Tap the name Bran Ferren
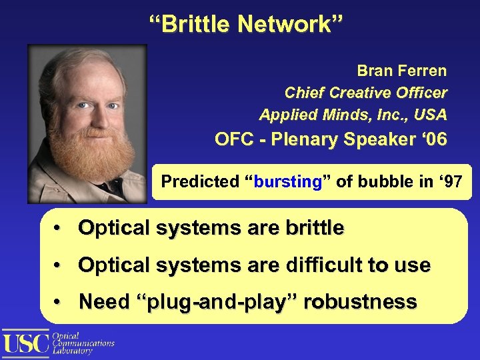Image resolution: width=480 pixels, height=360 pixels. [x=401, y=71]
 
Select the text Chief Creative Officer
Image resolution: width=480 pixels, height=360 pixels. [x=365, y=93]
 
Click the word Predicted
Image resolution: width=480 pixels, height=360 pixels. [x=198, y=181]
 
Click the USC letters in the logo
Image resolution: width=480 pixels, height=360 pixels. [x=25, y=343]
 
